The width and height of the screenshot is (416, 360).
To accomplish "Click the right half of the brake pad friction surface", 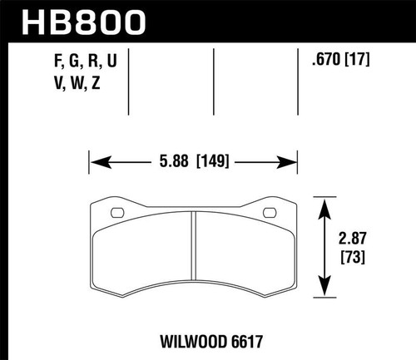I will pyautogui.click(x=244, y=254).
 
